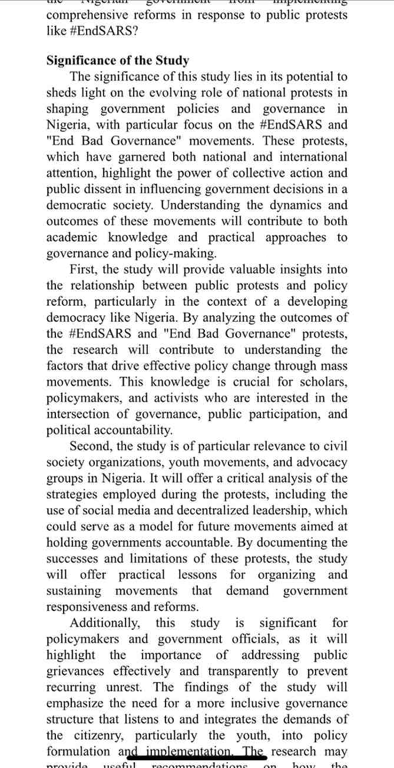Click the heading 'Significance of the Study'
click(x=118, y=61)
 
